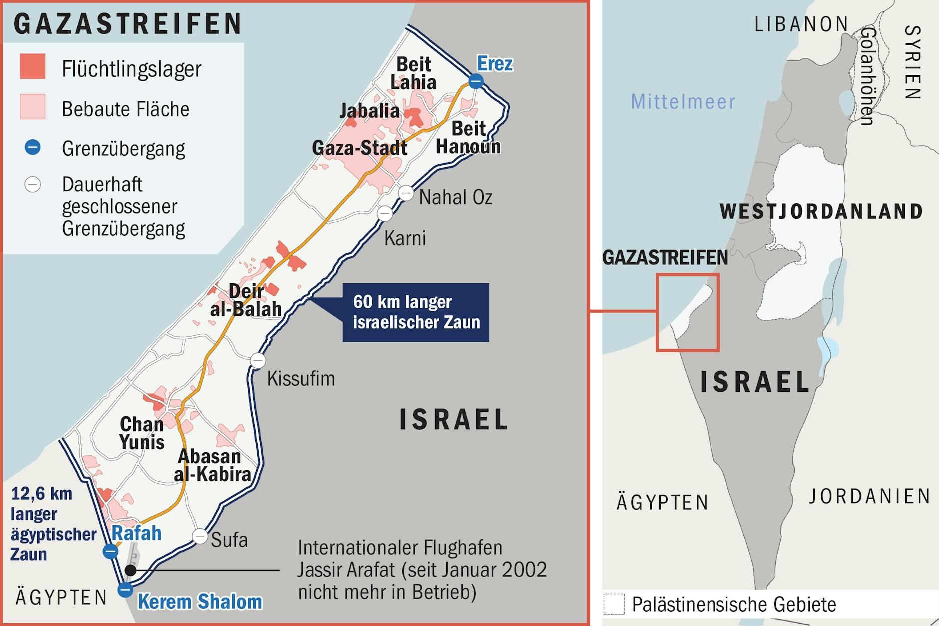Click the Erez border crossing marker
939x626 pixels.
point(476,81)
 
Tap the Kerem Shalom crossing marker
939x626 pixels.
point(125,590)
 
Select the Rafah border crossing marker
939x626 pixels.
point(110,552)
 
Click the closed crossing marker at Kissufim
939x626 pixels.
point(258,360)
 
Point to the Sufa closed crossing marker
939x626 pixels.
point(200,536)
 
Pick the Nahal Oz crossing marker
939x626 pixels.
point(406,193)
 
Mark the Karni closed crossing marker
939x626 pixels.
point(385,214)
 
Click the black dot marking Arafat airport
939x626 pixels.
point(130,570)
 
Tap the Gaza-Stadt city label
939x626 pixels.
point(359,148)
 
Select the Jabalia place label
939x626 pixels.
point(369,111)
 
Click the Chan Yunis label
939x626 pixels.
point(141,433)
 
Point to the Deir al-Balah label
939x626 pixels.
point(246,300)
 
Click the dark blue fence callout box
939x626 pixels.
point(416,312)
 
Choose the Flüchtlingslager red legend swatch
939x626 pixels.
point(33,66)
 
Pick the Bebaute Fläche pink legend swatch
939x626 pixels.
point(33,106)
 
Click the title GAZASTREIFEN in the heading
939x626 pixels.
point(128,24)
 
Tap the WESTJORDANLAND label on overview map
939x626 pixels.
point(821,211)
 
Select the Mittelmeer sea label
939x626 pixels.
point(683,102)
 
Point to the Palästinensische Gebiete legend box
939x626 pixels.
point(614,604)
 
